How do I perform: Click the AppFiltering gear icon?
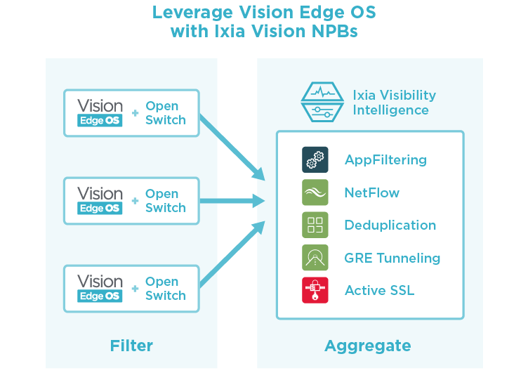(315, 159)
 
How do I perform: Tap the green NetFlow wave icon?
(315, 192)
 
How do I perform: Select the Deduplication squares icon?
(315, 225)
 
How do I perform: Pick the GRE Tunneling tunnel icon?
(315, 258)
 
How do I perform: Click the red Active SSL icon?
(315, 290)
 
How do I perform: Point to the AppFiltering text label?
(385, 160)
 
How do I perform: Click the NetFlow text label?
(371, 192)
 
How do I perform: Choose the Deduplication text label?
(390, 225)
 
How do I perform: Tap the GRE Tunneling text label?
(392, 258)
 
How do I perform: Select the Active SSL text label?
(379, 291)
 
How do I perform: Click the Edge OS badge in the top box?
(100, 121)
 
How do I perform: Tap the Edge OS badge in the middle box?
(100, 209)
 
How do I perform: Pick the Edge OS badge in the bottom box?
(100, 296)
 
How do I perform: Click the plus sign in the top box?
(135, 113)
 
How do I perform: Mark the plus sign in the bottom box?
(135, 289)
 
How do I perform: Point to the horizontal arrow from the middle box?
(232, 202)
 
